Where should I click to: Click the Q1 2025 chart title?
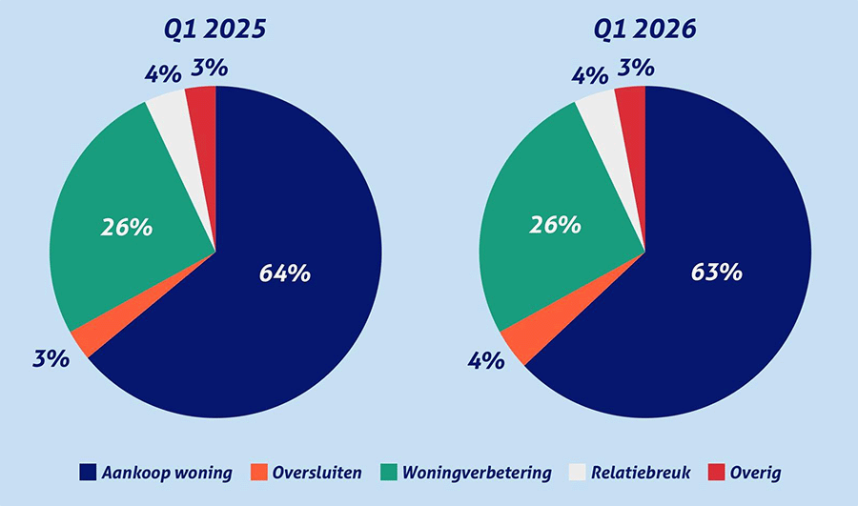(x=214, y=30)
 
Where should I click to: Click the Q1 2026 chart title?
(x=644, y=30)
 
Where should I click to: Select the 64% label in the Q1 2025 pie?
(x=285, y=273)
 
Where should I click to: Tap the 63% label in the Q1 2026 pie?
(x=716, y=272)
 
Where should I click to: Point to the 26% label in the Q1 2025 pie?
(x=127, y=228)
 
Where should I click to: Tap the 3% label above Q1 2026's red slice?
(x=636, y=68)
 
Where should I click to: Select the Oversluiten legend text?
(x=317, y=472)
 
